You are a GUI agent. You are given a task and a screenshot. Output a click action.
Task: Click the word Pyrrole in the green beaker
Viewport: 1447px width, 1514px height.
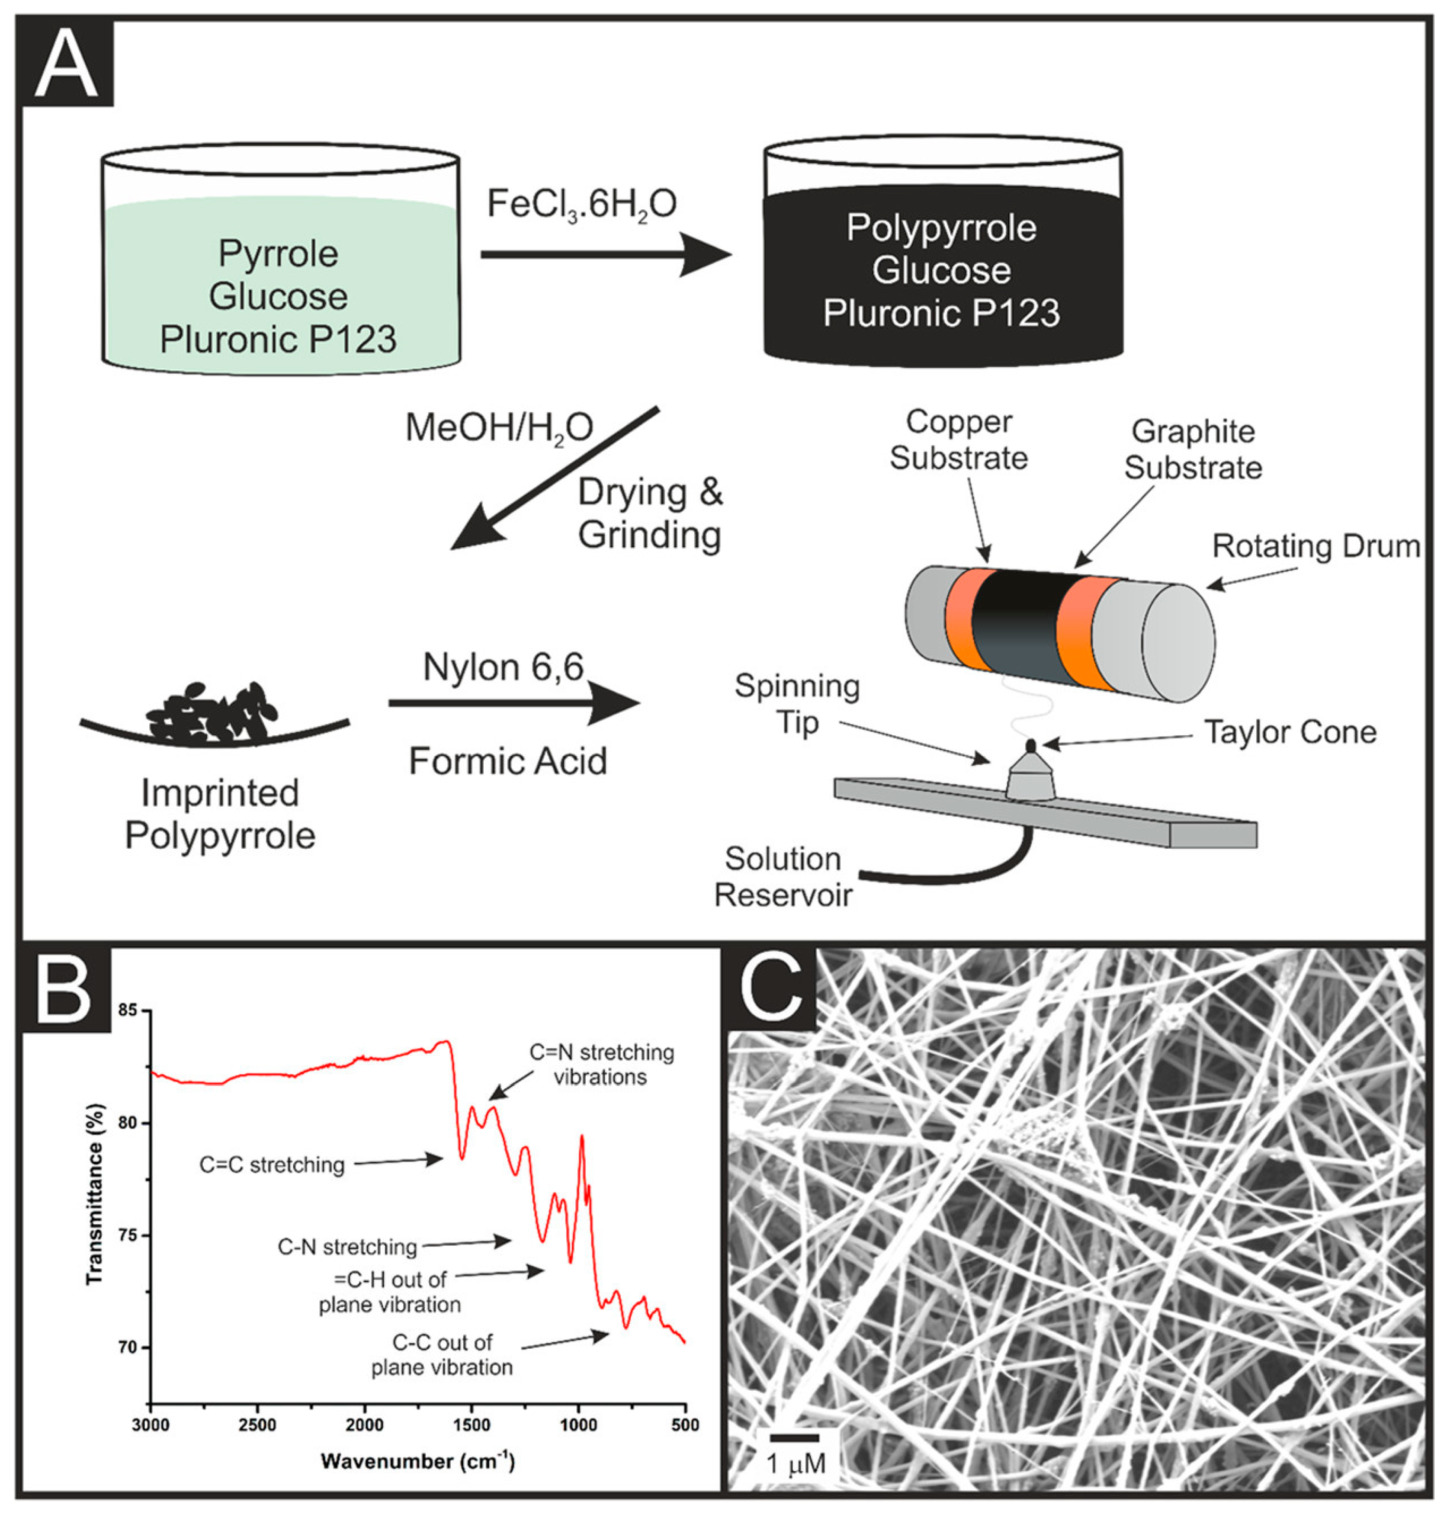[x=278, y=254]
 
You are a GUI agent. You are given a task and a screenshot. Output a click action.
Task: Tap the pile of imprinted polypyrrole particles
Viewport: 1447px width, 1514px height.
[x=212, y=713]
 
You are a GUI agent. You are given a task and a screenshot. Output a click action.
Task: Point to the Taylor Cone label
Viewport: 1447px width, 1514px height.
[x=1290, y=732]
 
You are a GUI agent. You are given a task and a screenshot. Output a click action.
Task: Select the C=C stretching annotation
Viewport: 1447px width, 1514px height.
[x=272, y=1164]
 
